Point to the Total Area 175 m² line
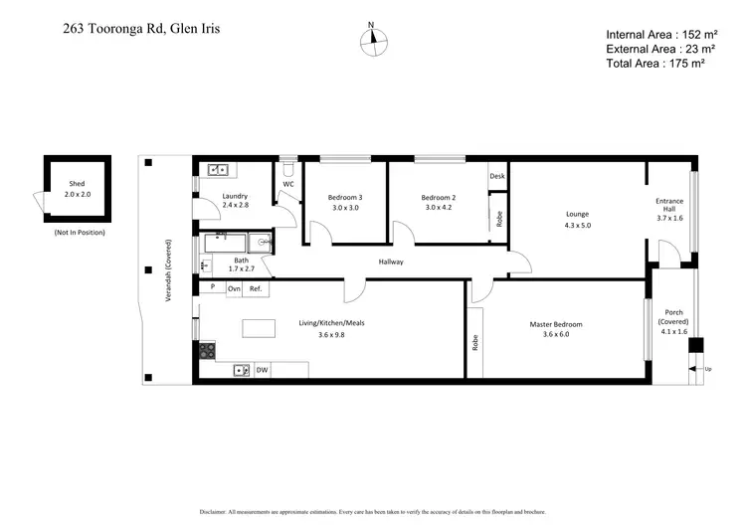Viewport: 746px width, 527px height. (x=655, y=63)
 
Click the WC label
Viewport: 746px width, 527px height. (x=287, y=184)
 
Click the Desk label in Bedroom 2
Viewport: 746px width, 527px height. (x=497, y=175)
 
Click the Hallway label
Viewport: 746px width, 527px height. (x=391, y=263)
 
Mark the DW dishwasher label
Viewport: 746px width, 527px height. (x=262, y=370)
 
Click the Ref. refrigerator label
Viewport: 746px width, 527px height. (x=255, y=288)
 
